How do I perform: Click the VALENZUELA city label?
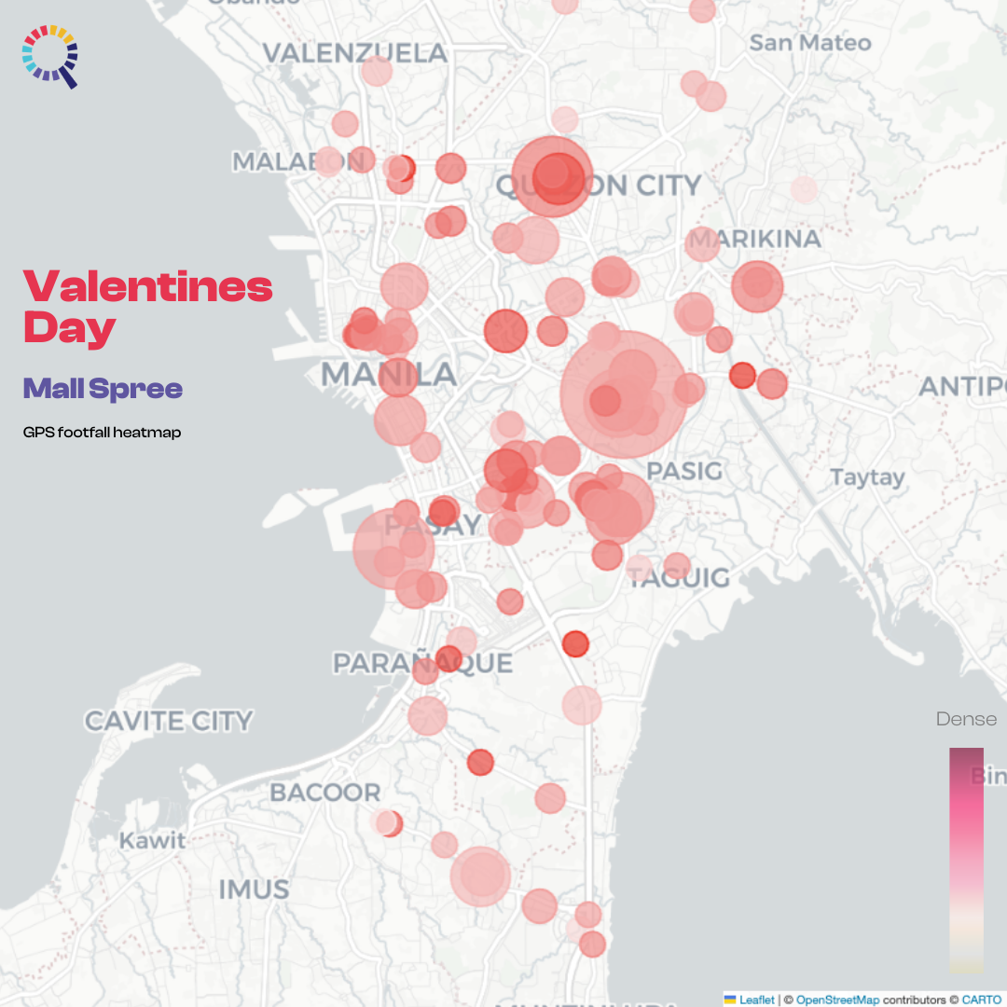tap(355, 53)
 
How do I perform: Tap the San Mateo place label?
tap(809, 43)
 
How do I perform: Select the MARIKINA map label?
tap(756, 239)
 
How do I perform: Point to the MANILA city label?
tap(389, 375)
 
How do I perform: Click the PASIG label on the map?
tap(684, 471)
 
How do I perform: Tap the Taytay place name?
tap(867, 477)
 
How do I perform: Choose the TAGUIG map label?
tap(679, 578)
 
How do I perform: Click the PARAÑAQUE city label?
tap(423, 663)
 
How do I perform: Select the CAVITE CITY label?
tap(169, 721)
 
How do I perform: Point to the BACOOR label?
tap(325, 793)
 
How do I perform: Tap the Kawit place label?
tap(152, 840)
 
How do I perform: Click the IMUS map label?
tap(254, 890)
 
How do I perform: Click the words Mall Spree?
tap(103, 389)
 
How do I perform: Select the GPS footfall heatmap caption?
tap(102, 433)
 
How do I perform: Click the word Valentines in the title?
tap(148, 287)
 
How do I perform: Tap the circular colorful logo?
tap(50, 55)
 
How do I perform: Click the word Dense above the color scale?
tap(966, 719)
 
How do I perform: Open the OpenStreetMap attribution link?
tap(837, 1000)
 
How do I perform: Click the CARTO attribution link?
tap(982, 1000)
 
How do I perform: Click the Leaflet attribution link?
tap(756, 1000)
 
